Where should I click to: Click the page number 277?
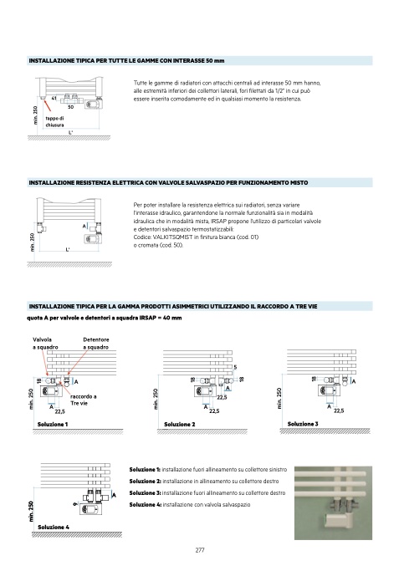point(200,550)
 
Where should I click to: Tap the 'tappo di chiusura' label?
point(55,122)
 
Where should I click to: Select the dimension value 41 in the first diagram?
point(54,98)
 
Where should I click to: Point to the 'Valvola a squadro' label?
point(45,344)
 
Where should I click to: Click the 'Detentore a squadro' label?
point(95,344)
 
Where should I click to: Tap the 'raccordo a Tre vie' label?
point(84,400)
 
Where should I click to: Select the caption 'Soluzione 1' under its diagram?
point(53,424)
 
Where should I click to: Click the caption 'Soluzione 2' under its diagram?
point(180,424)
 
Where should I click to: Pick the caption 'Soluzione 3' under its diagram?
point(303,424)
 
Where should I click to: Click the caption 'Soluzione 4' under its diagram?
point(54,527)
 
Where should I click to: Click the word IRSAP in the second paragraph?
point(218,221)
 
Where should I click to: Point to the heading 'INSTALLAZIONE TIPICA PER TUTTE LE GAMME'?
point(126,61)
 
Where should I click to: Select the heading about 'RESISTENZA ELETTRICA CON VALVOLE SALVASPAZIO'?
point(168,182)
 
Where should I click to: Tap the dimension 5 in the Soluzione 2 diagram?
point(235,368)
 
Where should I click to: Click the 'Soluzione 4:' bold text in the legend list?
point(146,505)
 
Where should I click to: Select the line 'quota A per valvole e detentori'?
point(105,318)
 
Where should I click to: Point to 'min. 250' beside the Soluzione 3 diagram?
point(279,398)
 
